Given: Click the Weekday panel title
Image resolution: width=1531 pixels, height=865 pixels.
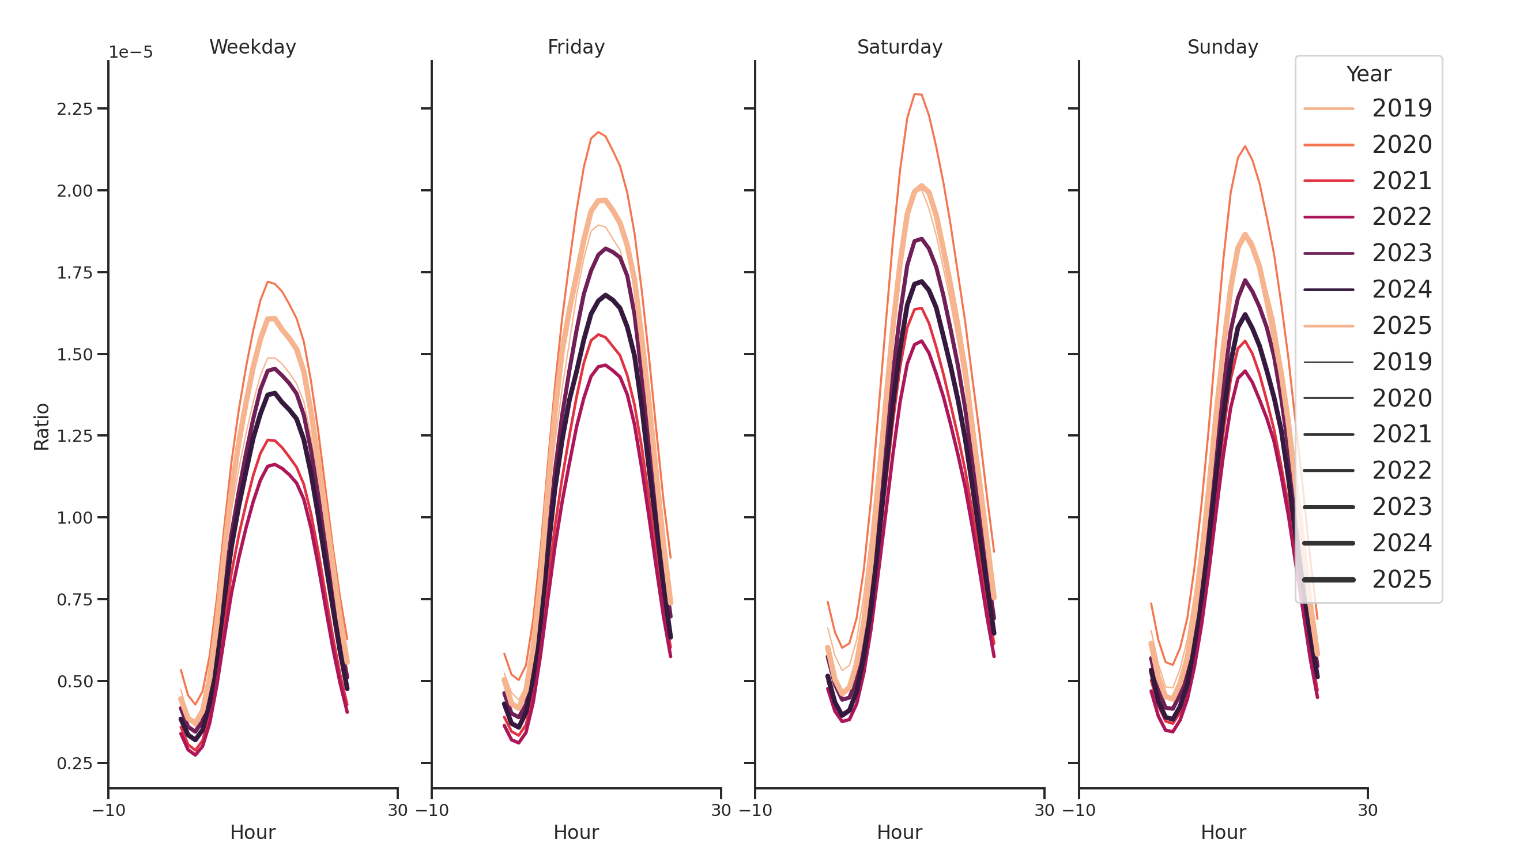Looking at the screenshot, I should click(252, 47).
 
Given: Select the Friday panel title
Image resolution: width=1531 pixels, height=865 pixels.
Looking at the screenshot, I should click(576, 47).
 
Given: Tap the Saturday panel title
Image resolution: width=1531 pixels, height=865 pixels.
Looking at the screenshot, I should click(899, 47).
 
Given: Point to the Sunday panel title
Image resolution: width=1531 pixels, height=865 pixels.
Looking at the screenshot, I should click(1223, 47).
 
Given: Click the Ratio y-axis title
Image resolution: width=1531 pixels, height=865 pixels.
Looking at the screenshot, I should click(42, 426).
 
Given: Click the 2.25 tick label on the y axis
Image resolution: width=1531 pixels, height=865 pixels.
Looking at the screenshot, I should click(75, 110).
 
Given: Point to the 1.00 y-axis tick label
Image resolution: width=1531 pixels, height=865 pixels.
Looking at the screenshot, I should click(75, 518).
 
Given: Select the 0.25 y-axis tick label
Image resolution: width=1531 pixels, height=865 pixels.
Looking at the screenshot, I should click(75, 764).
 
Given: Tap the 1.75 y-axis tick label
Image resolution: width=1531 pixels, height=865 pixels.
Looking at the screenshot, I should click(75, 273).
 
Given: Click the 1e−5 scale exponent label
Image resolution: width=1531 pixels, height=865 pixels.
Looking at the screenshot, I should click(131, 52).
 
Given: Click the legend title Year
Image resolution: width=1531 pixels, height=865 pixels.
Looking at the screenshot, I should click(1368, 74).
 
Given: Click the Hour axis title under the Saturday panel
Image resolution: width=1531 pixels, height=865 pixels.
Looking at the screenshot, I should click(899, 832).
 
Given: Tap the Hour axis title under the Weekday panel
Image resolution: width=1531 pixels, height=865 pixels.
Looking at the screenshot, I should click(252, 832).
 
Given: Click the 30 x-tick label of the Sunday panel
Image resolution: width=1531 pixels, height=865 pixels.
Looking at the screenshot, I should click(1367, 810).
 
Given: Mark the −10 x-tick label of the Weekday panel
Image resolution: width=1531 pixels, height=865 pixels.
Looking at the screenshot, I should click(108, 810).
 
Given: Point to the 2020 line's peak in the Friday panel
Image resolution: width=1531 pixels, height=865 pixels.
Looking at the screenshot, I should click(598, 132).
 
